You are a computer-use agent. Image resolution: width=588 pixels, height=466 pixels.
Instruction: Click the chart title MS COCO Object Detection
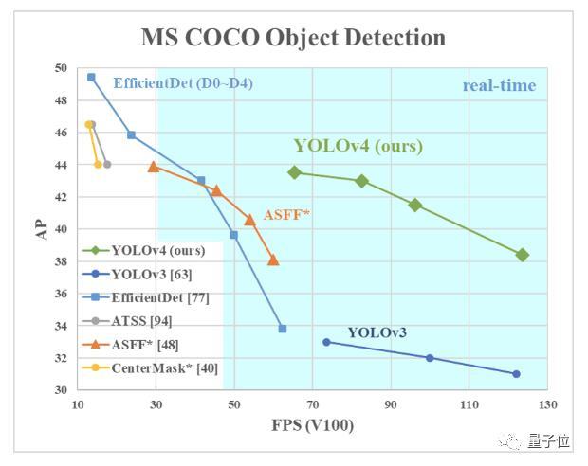293,38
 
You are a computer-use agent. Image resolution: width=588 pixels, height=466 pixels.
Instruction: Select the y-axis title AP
43,229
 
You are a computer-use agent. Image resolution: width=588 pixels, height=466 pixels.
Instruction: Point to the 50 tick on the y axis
61,68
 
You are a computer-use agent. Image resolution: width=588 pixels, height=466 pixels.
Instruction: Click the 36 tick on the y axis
61,294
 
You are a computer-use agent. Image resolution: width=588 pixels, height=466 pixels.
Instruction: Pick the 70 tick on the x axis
313,403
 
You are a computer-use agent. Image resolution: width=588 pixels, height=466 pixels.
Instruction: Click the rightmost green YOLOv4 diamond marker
522,255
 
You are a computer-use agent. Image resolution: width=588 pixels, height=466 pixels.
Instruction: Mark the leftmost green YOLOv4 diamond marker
295,172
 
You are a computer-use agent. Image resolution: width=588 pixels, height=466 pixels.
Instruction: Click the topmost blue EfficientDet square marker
91,77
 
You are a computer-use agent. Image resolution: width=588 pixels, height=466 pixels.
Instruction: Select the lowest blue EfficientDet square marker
283,329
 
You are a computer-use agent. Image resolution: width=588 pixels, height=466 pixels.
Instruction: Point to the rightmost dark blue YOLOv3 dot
516,374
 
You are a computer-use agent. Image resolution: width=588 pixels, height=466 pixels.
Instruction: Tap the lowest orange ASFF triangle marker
273,260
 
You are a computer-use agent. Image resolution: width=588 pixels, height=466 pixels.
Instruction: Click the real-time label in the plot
499,86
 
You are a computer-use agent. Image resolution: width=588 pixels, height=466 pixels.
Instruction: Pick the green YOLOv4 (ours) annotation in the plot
358,146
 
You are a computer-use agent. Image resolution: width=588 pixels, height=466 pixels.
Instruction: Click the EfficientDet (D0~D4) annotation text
183,83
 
